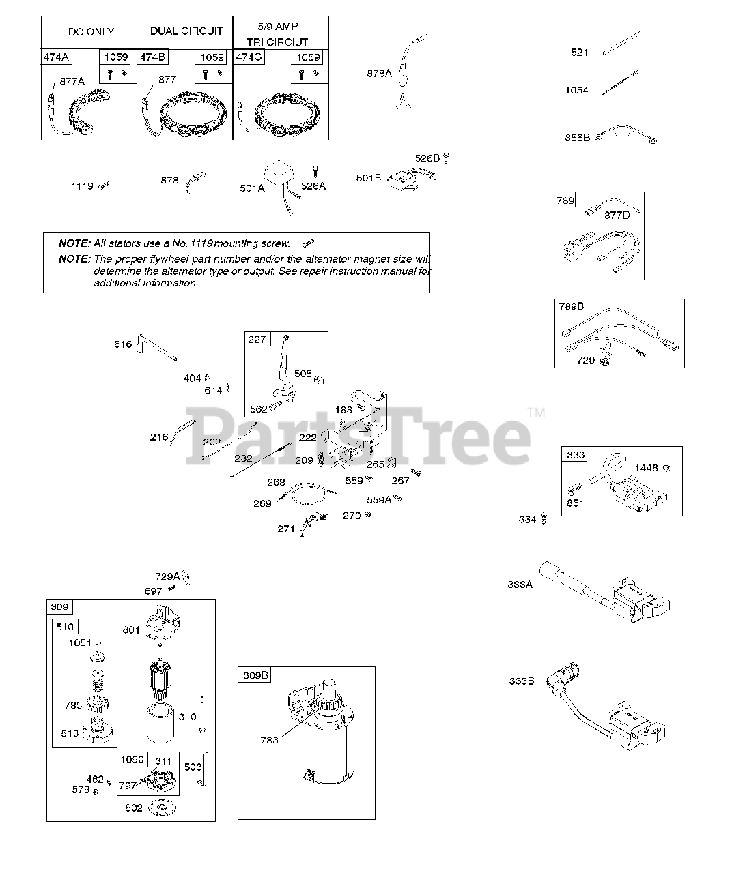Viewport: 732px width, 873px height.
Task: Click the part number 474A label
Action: (57, 57)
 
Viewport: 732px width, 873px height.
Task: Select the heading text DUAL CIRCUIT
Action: (186, 31)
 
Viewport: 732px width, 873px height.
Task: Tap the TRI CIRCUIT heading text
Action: (277, 42)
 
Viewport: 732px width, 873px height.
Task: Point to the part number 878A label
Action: (379, 74)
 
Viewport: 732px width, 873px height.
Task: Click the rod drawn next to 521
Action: (621, 44)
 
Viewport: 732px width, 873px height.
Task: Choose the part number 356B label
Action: (577, 138)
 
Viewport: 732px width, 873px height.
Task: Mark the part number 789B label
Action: (572, 306)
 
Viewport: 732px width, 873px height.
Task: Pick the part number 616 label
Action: (123, 344)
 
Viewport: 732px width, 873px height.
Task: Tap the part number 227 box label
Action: (257, 340)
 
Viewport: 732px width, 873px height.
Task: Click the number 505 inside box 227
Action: (303, 374)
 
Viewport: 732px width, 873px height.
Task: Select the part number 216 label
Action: (159, 437)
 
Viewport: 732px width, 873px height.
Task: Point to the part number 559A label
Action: (379, 500)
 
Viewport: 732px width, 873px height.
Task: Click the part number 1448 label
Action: (647, 469)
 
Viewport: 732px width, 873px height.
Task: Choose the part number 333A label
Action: (520, 585)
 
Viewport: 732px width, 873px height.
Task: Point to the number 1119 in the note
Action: (201, 243)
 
